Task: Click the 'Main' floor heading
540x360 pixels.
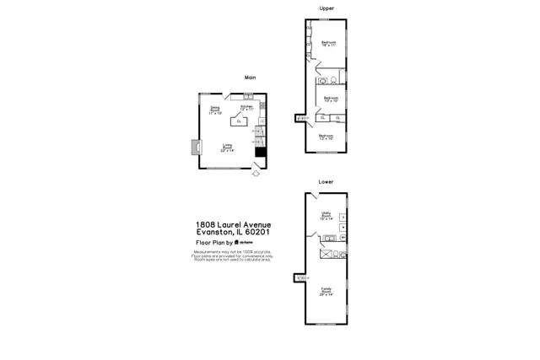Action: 250,78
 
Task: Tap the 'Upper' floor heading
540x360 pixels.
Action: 327,8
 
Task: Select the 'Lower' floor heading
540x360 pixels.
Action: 326,182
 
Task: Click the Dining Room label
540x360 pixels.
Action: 215,110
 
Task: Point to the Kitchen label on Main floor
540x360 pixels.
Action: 246,108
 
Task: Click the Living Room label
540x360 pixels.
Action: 228,148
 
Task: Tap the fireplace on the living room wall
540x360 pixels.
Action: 195,148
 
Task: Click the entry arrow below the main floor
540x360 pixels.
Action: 257,175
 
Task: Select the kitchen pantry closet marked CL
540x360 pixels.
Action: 240,122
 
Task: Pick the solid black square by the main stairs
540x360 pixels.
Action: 261,152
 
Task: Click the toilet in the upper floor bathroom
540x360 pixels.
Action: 335,81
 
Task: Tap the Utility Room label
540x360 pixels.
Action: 326,215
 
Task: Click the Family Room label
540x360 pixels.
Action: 326,292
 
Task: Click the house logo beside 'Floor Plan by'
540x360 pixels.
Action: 240,242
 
